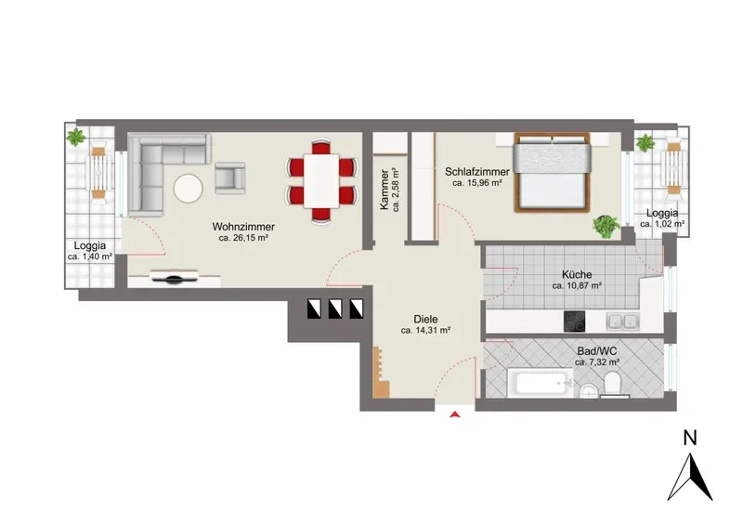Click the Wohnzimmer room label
pyautogui.click(x=243, y=227)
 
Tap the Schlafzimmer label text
pyautogui.click(x=477, y=172)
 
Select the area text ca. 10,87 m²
pyautogui.click(x=577, y=286)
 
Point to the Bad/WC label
pyautogui.click(x=597, y=351)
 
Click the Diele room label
pyautogui.click(x=425, y=319)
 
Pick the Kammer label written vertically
pyautogui.click(x=385, y=190)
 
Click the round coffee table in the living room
pyautogui.click(x=189, y=189)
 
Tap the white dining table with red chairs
pyautogui.click(x=321, y=180)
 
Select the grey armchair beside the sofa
pyautogui.click(x=229, y=178)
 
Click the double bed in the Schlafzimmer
pyautogui.click(x=552, y=172)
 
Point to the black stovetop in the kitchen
pyautogui.click(x=574, y=322)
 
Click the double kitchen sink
pyautogui.click(x=622, y=322)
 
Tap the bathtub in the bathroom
pyautogui.click(x=541, y=382)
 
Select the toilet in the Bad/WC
pyautogui.click(x=613, y=383)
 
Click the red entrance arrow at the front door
pyautogui.click(x=455, y=414)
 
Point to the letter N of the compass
pyautogui.click(x=690, y=438)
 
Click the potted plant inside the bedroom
pyautogui.click(x=606, y=226)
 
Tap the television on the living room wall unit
pyautogui.click(x=175, y=278)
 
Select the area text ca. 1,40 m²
pyautogui.click(x=90, y=256)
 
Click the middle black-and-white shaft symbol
pyautogui.click(x=335, y=309)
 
